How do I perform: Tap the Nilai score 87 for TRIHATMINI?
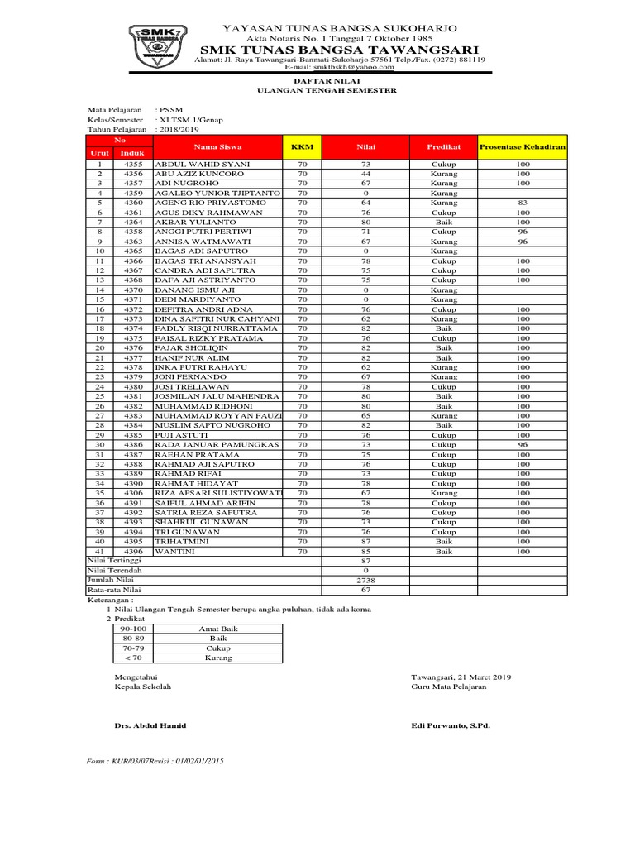(x=365, y=541)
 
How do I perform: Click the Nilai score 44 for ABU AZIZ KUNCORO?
(x=365, y=175)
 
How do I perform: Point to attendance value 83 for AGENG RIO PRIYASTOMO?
(x=522, y=202)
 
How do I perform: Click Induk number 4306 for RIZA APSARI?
(x=133, y=493)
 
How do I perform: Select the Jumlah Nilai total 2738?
(x=365, y=581)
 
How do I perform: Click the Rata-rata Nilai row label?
(x=115, y=590)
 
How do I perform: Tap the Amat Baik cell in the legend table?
(x=218, y=629)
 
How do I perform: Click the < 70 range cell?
(x=132, y=658)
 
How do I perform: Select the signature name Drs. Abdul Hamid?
(x=150, y=725)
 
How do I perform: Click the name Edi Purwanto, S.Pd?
(x=451, y=725)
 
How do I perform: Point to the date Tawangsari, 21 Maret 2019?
(x=461, y=677)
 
